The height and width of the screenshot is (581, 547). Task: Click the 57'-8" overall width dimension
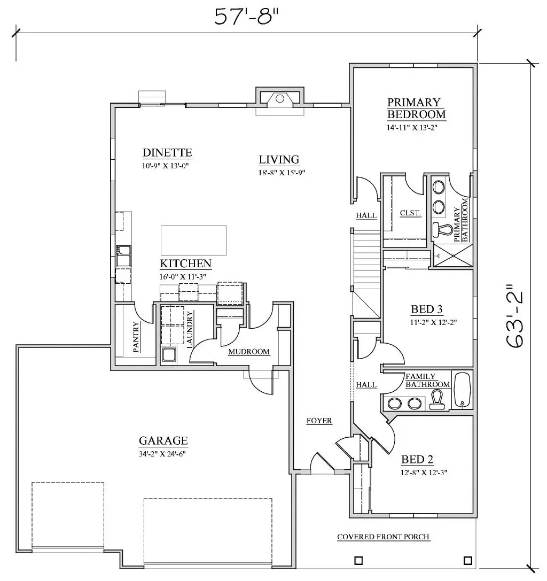[246, 17]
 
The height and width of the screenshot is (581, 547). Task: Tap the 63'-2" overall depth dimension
[515, 316]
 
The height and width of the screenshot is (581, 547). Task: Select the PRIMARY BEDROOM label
[416, 108]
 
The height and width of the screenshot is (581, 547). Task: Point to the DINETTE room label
[167, 153]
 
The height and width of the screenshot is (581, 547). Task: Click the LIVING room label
[279, 160]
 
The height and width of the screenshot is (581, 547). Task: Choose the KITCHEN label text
[185, 264]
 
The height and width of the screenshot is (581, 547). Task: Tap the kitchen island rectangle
[194, 241]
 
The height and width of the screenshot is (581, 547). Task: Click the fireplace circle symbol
[280, 98]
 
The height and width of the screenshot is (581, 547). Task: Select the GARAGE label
[163, 440]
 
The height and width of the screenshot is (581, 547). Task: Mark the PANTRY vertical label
[136, 337]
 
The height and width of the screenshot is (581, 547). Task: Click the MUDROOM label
[249, 352]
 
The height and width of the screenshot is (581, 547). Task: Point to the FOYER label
[319, 421]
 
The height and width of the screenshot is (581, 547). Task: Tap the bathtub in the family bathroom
[462, 390]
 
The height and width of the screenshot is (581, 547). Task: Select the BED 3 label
[427, 309]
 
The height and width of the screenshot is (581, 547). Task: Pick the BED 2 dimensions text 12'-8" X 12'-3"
[424, 472]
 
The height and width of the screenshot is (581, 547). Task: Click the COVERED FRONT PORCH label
[384, 537]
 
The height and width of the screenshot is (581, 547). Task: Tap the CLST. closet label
[410, 213]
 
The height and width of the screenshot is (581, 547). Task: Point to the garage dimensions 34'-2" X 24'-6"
[162, 454]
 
